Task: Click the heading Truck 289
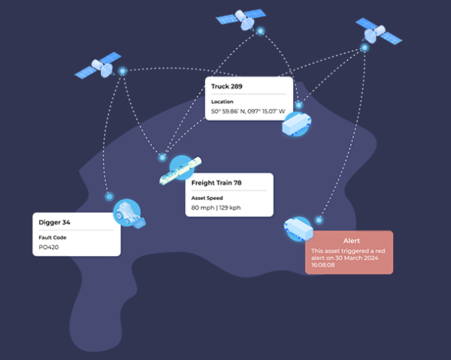coord(226,86)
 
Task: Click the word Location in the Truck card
coord(222,101)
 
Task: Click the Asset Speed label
coord(208,198)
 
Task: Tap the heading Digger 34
coord(55,222)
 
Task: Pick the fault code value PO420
coord(50,246)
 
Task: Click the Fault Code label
coord(53,237)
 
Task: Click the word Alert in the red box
coord(348,241)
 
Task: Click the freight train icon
coord(180,170)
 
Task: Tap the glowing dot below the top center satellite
coord(261,32)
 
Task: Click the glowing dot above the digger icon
coord(109,195)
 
